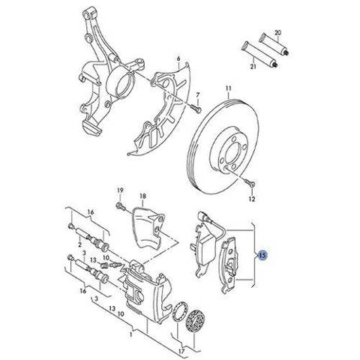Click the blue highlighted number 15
262,255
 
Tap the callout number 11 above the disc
228,88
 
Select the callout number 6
178,58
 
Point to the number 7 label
198,95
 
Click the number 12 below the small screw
252,199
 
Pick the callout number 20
277,32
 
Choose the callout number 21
253,66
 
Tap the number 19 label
120,190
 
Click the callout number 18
142,196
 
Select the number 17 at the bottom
182,351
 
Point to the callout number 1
130,334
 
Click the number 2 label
79,244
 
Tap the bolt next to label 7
195,108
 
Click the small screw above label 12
249,183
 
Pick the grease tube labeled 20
274,44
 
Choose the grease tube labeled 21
260,55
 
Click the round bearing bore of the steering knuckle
122,82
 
